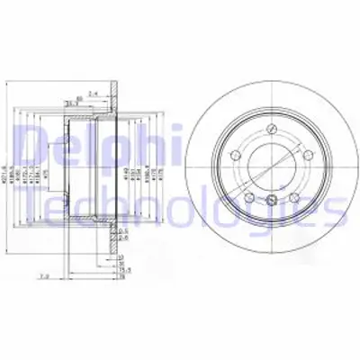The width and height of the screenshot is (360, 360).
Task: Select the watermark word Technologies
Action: point(180,210)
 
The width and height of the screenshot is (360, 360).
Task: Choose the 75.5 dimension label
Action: point(125,269)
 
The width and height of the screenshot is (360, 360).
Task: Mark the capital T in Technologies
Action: point(34,209)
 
